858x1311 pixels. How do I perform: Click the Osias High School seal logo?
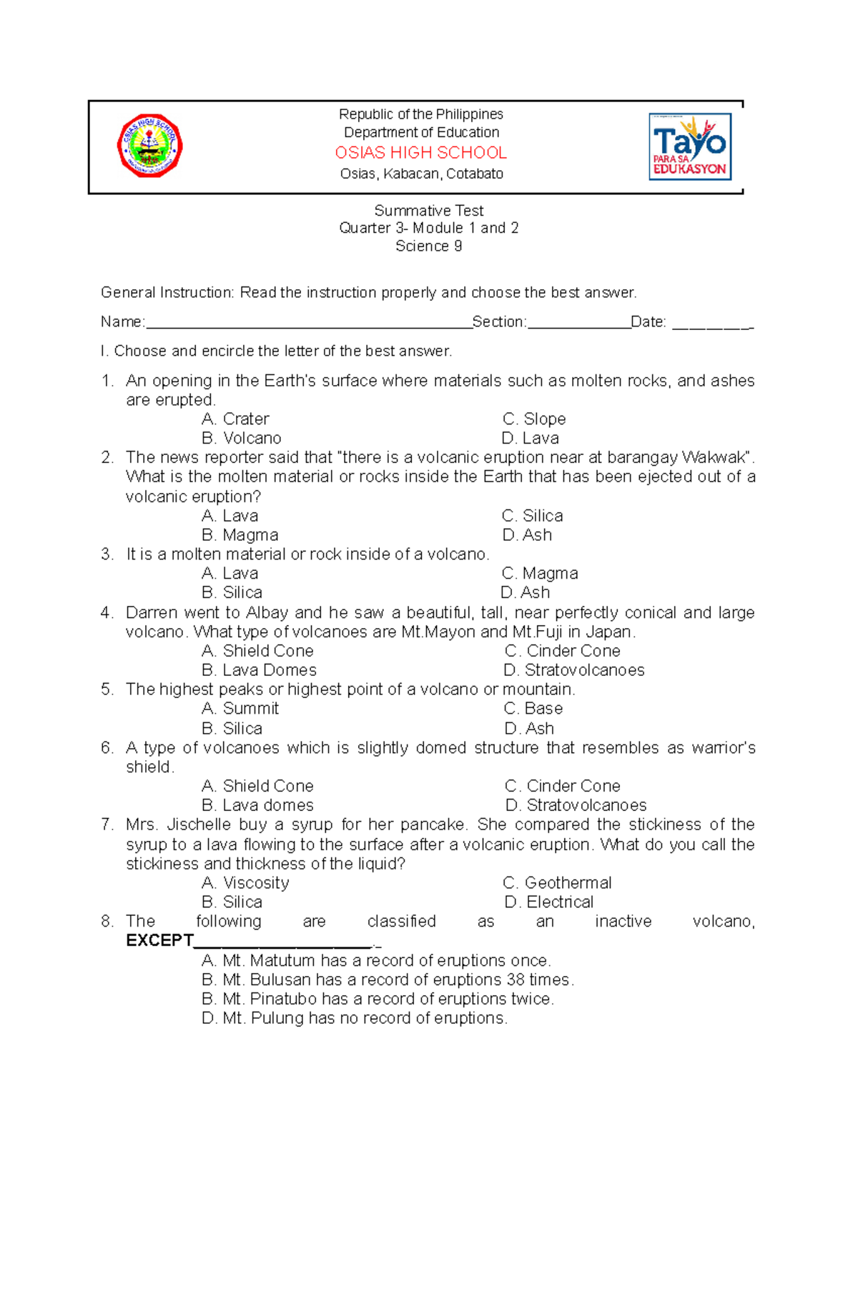[x=149, y=146]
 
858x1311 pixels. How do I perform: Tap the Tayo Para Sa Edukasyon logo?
[x=689, y=146]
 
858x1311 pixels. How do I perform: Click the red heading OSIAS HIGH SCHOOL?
[x=421, y=153]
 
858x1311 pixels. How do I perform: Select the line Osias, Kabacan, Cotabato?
[x=421, y=174]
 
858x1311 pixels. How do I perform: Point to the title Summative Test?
[x=428, y=211]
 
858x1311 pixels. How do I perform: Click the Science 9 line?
[x=428, y=246]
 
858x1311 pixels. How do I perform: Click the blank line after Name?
[x=307, y=323]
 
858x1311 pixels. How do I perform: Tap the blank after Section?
[x=578, y=323]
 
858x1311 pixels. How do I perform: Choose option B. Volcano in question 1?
[x=242, y=438]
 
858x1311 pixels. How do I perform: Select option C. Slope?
[x=534, y=419]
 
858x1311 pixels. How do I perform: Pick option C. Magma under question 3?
[x=540, y=573]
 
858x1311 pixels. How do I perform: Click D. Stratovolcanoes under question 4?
[x=574, y=670]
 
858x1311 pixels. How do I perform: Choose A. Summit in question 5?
[x=240, y=709]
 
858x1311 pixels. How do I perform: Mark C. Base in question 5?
[x=533, y=709]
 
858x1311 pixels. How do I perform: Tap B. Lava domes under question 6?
[x=257, y=805]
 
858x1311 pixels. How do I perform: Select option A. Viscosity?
[x=245, y=883]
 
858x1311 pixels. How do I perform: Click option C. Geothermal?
[x=558, y=883]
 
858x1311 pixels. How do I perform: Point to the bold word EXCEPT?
[x=159, y=940]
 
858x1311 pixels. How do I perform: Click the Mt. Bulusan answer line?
[x=388, y=979]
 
